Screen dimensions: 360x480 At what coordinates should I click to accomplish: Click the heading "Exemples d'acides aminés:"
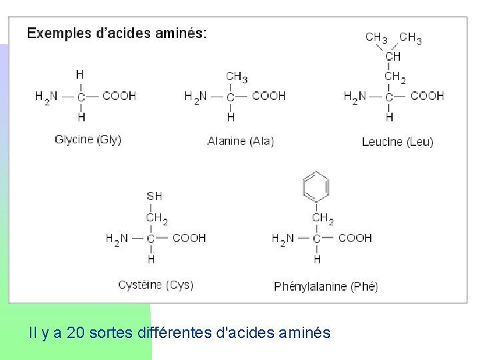(x=117, y=33)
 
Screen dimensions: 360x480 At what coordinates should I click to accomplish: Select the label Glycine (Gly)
(x=88, y=140)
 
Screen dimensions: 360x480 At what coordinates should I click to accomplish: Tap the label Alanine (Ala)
(x=241, y=141)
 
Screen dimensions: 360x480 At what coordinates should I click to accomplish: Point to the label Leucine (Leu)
(x=397, y=141)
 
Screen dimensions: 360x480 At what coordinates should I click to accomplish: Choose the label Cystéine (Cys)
(x=155, y=285)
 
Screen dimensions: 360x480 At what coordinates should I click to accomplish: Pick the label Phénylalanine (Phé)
(x=326, y=287)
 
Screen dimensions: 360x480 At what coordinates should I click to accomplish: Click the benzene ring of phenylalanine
(x=317, y=186)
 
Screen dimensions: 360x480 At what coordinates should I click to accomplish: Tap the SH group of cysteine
(x=154, y=196)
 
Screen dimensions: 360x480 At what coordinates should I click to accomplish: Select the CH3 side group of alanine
(x=237, y=77)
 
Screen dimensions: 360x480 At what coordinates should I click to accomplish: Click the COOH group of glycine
(x=119, y=96)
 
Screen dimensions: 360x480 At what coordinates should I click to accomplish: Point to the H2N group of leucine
(x=355, y=97)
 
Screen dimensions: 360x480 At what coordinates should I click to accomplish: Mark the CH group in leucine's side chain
(x=393, y=57)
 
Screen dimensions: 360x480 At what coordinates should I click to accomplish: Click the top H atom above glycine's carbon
(x=80, y=75)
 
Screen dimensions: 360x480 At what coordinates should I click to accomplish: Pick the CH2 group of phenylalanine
(x=323, y=218)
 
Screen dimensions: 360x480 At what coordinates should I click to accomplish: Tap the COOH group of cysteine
(x=189, y=238)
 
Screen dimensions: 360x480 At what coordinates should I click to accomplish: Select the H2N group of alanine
(x=195, y=97)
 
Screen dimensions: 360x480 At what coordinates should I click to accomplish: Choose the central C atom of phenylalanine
(x=317, y=239)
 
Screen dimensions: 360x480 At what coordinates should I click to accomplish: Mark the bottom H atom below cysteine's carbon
(x=151, y=259)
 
